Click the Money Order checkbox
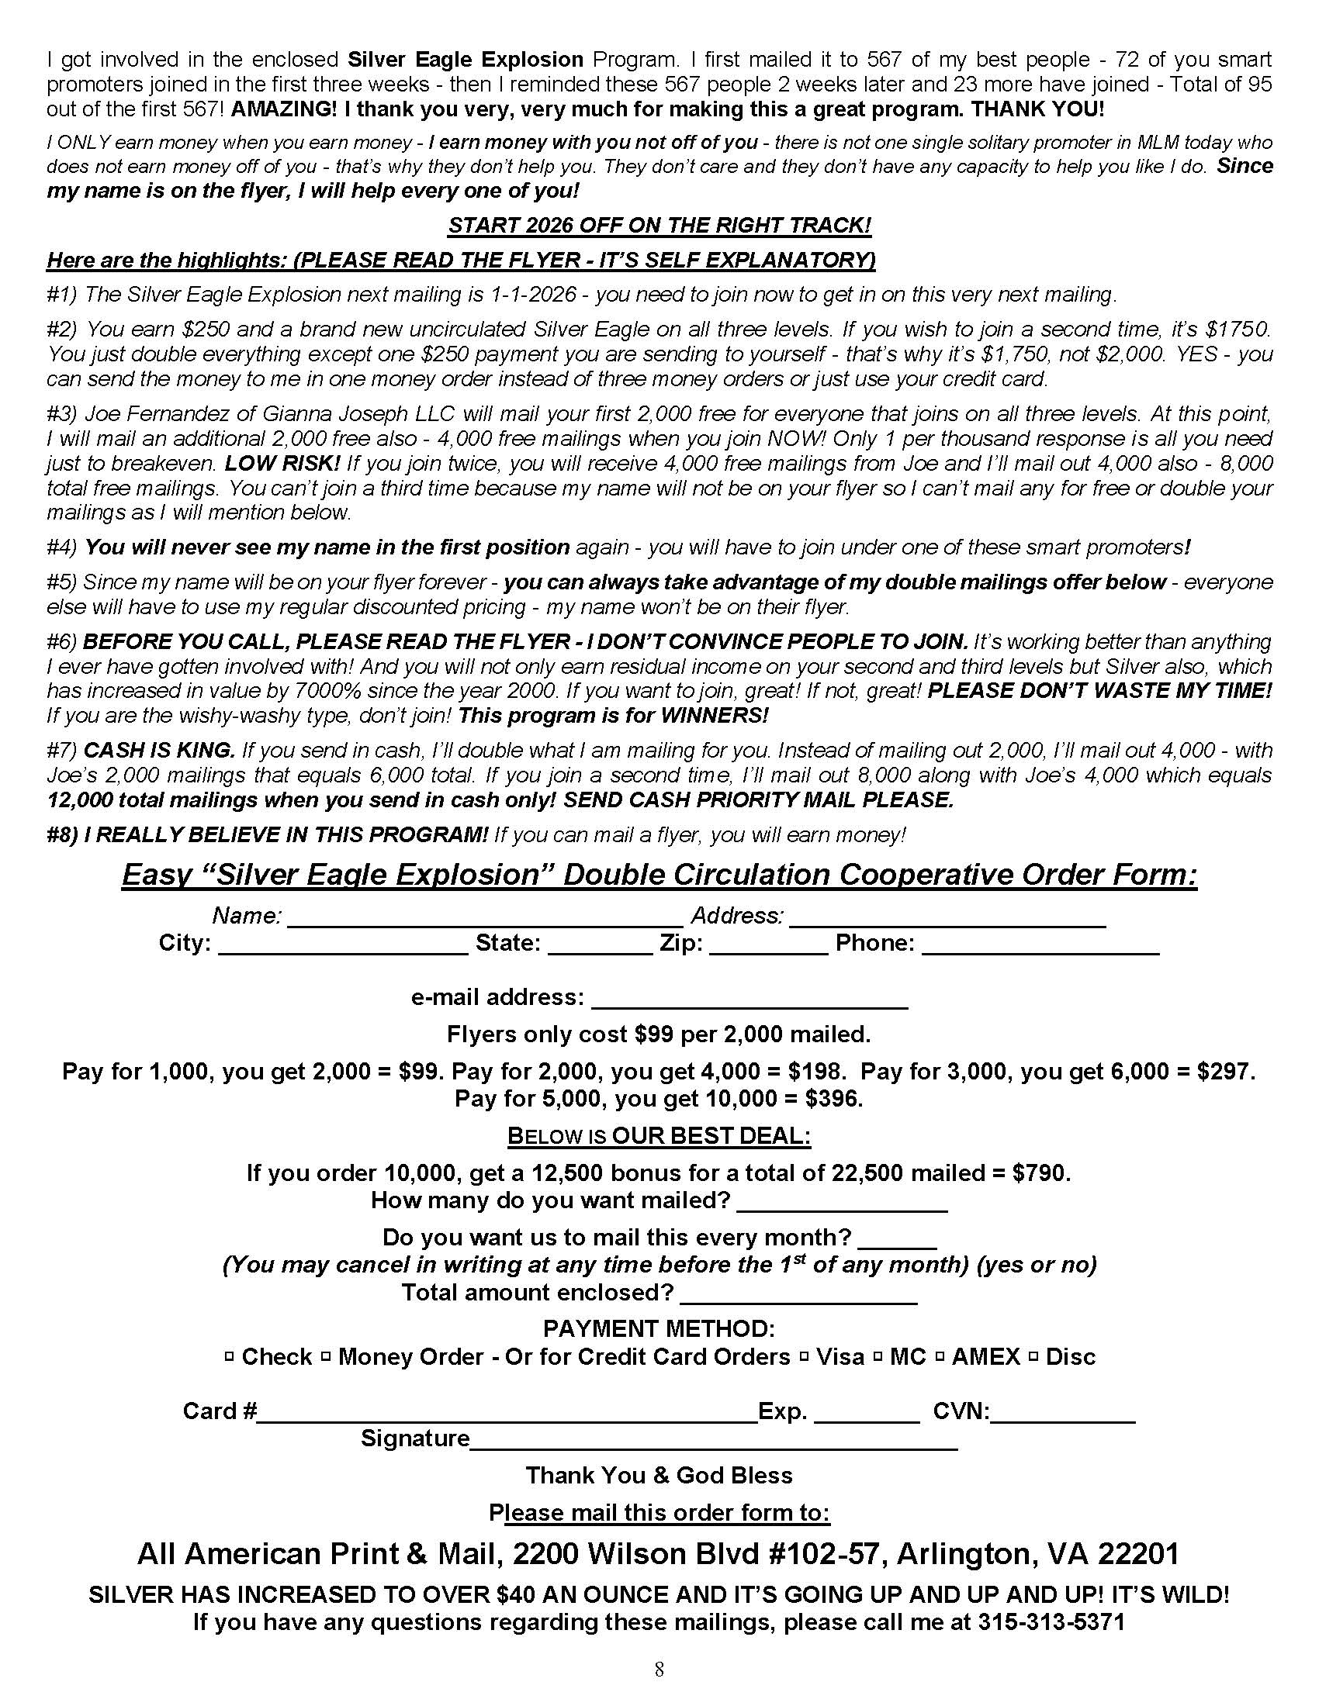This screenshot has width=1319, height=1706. pos(325,1358)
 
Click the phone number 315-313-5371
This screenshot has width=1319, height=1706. pos(1051,1621)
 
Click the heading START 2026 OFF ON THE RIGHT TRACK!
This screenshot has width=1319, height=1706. pos(659,226)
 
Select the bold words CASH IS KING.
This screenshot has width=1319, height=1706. pos(158,751)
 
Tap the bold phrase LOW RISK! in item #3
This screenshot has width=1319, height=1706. pos(282,463)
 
